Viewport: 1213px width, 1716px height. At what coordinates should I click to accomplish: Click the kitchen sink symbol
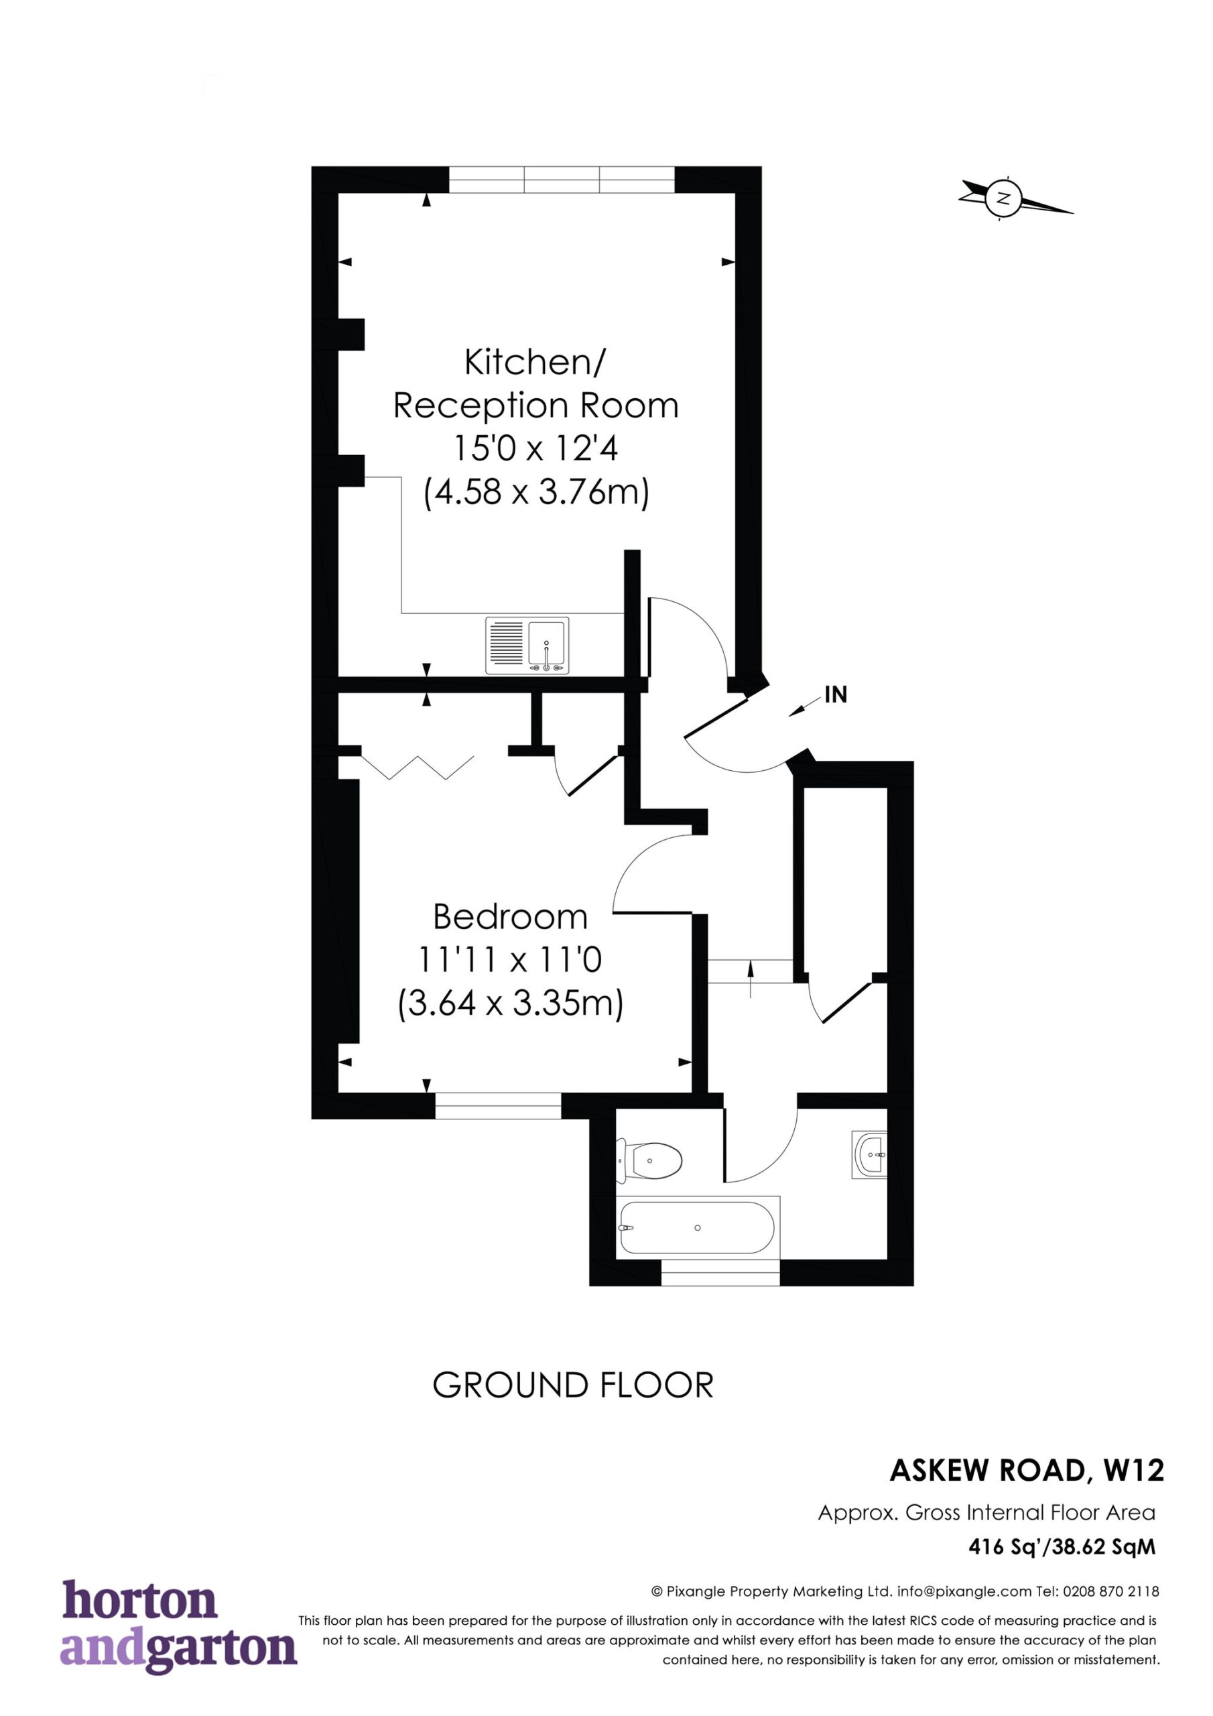coord(527,645)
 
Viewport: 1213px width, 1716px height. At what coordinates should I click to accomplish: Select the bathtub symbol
coord(700,1228)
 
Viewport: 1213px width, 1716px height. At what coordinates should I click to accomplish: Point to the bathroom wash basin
coord(869,1155)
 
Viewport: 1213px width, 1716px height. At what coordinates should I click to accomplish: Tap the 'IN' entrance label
coord(836,695)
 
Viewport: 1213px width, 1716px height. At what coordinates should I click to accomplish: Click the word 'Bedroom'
coord(510,917)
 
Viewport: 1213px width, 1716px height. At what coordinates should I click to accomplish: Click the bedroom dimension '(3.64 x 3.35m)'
coord(511,1003)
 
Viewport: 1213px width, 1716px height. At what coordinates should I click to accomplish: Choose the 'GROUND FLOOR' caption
coord(573,1385)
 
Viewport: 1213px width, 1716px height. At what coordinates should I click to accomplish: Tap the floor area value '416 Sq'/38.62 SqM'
coord(1062,1546)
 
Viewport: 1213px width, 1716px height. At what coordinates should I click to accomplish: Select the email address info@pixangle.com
coord(964,1591)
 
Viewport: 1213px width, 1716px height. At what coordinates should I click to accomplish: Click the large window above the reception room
coord(562,180)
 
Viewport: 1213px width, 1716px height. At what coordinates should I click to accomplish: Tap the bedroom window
coord(498,1105)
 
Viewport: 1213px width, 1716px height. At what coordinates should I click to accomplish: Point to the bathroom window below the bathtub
coord(720,1273)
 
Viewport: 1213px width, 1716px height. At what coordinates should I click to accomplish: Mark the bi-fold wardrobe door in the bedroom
coord(417,767)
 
